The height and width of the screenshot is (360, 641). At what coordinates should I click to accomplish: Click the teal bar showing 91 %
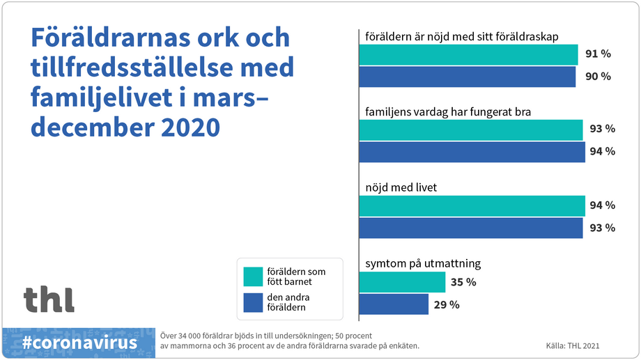468,54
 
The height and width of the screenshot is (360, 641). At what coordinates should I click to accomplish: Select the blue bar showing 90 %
467,77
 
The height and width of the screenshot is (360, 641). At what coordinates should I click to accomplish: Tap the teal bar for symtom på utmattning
402,282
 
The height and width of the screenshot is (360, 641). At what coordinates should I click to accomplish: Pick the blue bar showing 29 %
394,304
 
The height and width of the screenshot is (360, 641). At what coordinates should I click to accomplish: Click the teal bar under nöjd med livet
472,205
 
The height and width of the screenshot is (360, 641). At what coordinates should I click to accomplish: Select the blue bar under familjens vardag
472,152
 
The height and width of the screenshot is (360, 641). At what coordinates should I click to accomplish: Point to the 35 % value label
463,282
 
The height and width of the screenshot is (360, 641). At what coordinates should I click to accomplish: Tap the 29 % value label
446,304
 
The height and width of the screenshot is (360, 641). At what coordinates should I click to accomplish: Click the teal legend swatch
252,276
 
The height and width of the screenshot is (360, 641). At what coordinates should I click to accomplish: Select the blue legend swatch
252,302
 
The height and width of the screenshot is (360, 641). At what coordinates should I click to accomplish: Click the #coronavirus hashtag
79,343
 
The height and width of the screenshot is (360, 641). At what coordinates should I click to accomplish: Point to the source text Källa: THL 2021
573,345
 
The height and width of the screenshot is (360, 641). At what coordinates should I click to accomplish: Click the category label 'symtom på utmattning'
423,264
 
